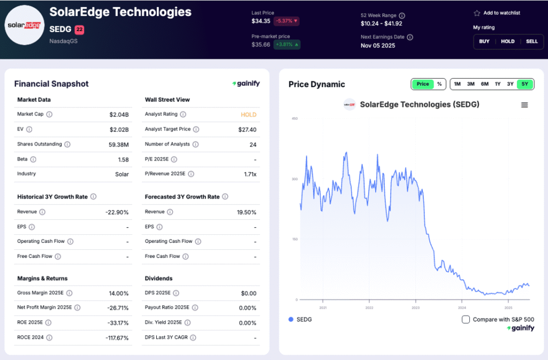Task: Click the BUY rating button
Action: pos(484,41)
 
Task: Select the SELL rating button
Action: pos(531,41)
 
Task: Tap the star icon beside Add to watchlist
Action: pos(477,13)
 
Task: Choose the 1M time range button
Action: pos(457,84)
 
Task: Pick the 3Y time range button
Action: pos(511,84)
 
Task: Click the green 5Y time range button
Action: pos(525,84)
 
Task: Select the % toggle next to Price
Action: pos(439,84)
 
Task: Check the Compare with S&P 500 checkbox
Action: pos(466,319)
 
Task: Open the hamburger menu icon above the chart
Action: pos(524,105)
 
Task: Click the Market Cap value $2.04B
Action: pos(119,114)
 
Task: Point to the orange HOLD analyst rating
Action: pos(248,114)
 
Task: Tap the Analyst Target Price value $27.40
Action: pos(247,129)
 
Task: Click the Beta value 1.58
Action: pos(123,159)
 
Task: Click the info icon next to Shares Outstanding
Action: pos(67,144)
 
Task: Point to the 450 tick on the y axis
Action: pos(294,118)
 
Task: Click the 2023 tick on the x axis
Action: pos(415,308)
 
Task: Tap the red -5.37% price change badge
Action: pos(286,21)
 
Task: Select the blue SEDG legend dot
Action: pos(291,319)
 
